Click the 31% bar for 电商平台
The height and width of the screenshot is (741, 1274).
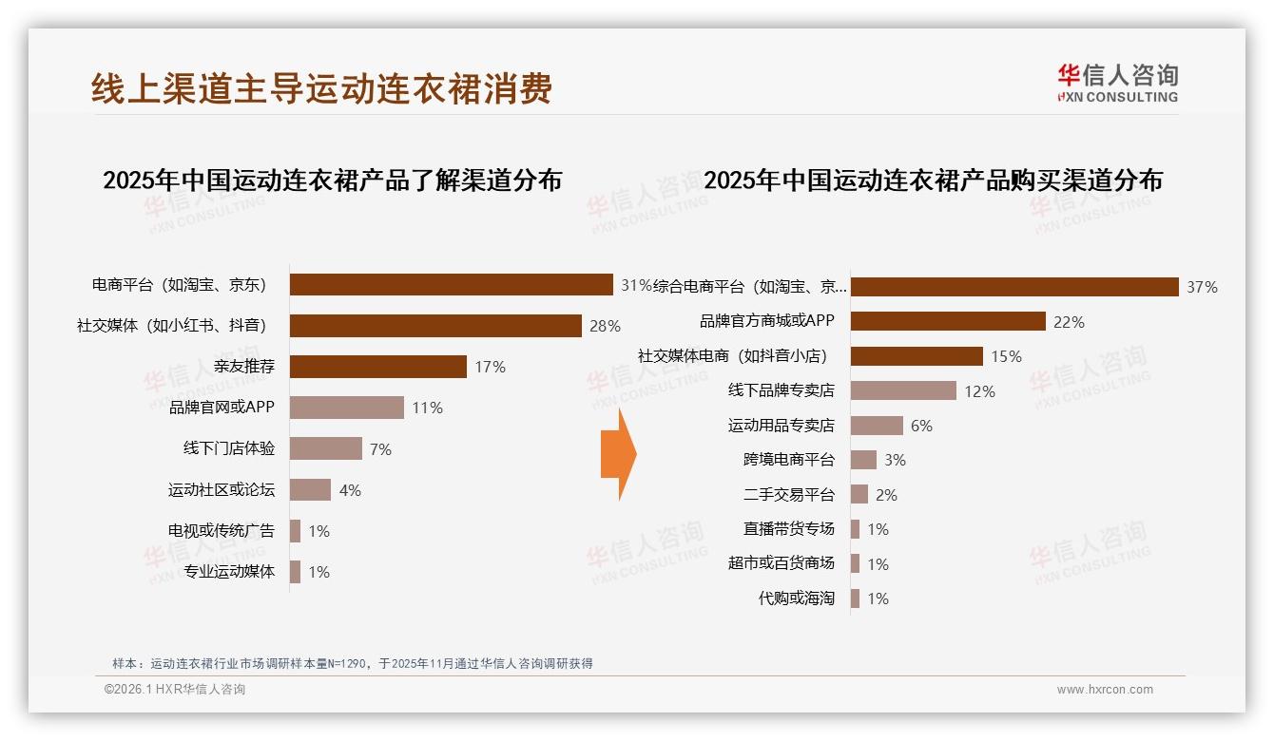[x=451, y=285]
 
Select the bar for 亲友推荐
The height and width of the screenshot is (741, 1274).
[x=377, y=367]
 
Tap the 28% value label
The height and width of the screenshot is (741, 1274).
[x=605, y=326]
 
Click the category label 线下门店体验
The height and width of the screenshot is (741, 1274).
[x=228, y=448]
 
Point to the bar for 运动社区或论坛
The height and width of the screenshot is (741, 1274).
[x=310, y=490]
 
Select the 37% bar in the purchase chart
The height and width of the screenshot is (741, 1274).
[x=1013, y=287]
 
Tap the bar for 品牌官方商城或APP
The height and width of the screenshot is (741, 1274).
[x=947, y=321]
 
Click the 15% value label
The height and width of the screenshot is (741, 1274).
[x=1006, y=356]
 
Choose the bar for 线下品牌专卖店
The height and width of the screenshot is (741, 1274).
[x=902, y=390]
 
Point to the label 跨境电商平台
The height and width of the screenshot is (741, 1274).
[x=788, y=460]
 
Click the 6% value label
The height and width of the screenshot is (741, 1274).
[x=921, y=426]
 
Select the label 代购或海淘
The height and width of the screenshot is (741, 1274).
[x=796, y=598]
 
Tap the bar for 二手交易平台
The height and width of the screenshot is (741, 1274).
[x=859, y=494]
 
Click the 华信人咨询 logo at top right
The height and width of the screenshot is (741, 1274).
[x=1117, y=83]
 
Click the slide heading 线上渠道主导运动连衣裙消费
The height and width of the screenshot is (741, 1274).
[x=321, y=89]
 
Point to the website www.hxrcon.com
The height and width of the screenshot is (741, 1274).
[x=1104, y=690]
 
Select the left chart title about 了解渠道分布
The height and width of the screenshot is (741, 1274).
[x=332, y=180]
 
